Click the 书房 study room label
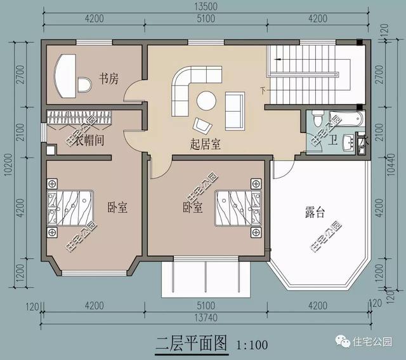pyautogui.click(x=108, y=79)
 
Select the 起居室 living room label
pyautogui.click(x=206, y=144)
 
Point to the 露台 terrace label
pyautogui.click(x=315, y=213)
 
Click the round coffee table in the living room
pyautogui.click(x=206, y=101)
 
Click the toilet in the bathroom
pyautogui.click(x=318, y=118)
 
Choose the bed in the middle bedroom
pyautogui.click(x=237, y=208)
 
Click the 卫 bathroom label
pyautogui.click(x=333, y=141)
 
